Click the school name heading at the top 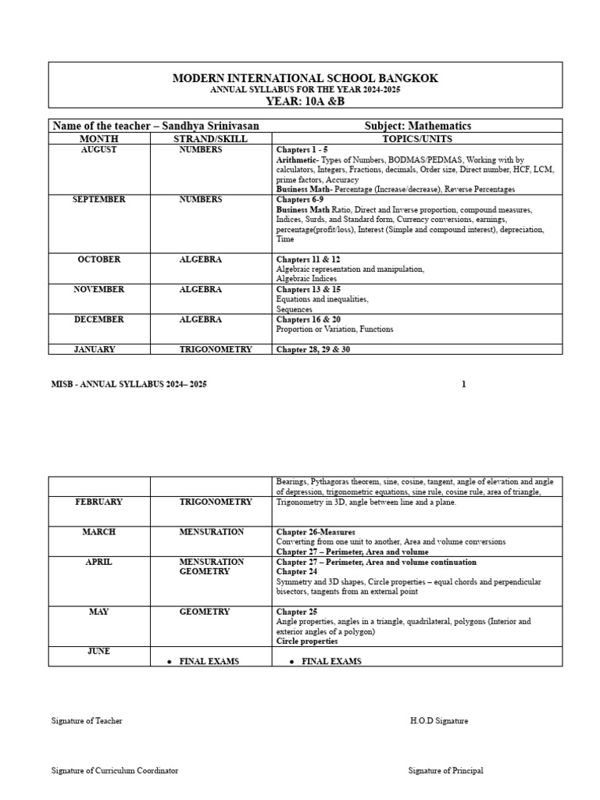point(305,78)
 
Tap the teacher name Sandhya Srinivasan point(210,126)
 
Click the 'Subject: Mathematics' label point(418,126)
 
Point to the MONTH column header point(99,137)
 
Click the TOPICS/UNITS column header point(417,137)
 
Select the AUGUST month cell point(99,149)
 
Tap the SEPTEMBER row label point(99,199)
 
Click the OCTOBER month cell point(99,259)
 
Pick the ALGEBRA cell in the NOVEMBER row point(201,289)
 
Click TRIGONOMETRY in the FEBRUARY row point(216,502)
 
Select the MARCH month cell point(99,531)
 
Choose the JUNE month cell point(99,651)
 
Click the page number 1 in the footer point(463,384)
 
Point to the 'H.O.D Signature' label point(438,721)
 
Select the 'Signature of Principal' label point(445,770)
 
